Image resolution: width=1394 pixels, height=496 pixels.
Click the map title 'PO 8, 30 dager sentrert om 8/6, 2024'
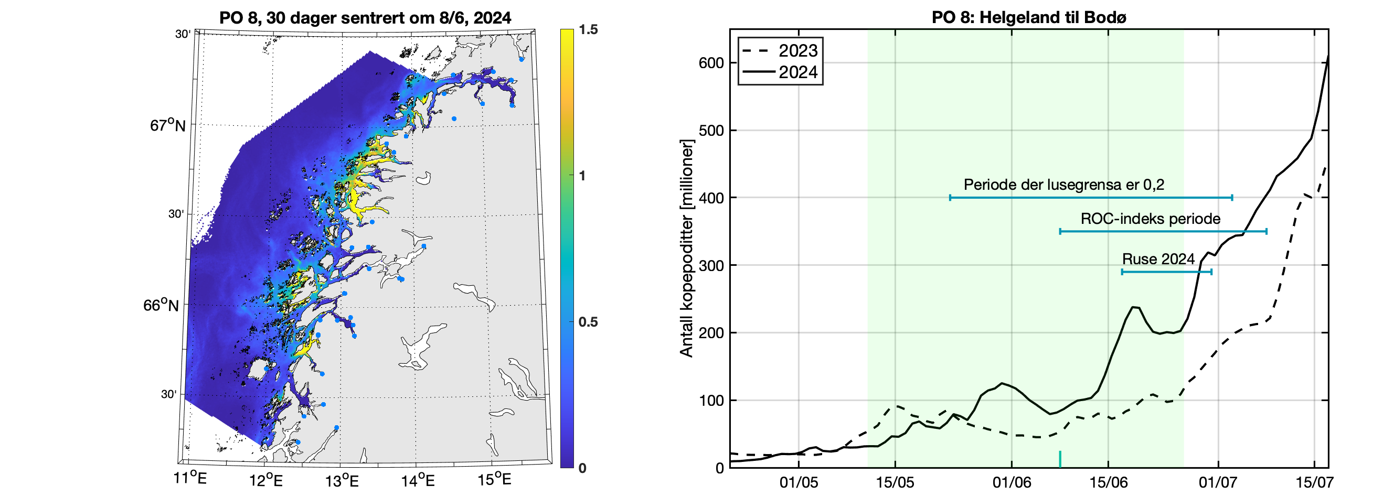click(x=365, y=18)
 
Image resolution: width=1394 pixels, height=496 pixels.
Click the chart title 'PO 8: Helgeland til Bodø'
click(x=1029, y=17)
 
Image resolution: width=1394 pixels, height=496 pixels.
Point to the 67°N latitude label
click(x=167, y=125)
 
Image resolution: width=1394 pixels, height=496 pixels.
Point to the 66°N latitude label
click(x=161, y=305)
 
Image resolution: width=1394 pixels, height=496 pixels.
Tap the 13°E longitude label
click(x=342, y=480)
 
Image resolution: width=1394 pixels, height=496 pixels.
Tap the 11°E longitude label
click(x=189, y=478)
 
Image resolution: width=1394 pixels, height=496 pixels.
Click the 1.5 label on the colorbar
click(x=588, y=30)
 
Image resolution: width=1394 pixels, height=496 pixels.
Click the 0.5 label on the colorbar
click(x=588, y=322)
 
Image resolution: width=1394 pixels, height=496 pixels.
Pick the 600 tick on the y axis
click(x=711, y=63)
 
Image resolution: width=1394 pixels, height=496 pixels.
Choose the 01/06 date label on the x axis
click(x=1012, y=482)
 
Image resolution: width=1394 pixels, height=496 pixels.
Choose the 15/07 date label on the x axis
click(x=1314, y=482)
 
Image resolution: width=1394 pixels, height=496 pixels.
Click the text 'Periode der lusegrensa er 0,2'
click(x=1063, y=185)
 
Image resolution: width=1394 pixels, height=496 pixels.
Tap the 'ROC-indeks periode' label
click(x=1151, y=219)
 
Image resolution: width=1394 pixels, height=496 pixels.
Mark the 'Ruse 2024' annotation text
click(x=1158, y=259)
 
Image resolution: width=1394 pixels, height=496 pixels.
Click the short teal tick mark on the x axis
click(x=1060, y=459)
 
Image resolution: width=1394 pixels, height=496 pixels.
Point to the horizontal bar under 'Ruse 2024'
click(x=1166, y=272)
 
